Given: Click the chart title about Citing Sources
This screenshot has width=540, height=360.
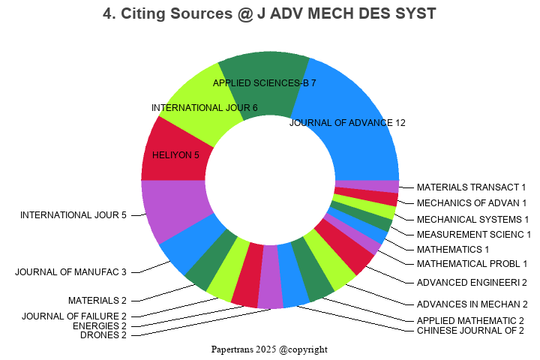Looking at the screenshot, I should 269,14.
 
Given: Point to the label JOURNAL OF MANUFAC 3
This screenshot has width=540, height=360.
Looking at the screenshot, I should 70,271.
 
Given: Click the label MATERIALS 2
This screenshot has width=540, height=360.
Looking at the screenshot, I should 97,301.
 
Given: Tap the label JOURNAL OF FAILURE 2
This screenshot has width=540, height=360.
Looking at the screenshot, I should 74,316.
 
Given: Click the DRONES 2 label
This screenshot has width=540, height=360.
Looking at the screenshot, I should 103,335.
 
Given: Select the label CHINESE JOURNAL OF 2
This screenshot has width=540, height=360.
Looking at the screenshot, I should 470,331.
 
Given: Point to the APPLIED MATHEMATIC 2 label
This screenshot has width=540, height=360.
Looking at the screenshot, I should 470,321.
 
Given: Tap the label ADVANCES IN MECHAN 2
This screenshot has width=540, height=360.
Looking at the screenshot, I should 472,304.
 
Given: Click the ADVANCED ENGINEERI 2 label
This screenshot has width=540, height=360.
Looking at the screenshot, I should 472,283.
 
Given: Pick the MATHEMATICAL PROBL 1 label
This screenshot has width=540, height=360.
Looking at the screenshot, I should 472,263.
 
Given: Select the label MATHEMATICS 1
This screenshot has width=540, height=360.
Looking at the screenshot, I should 453,249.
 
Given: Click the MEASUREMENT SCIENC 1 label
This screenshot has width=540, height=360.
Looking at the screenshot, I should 474,235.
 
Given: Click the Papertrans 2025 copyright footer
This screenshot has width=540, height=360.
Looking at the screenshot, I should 269,349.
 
